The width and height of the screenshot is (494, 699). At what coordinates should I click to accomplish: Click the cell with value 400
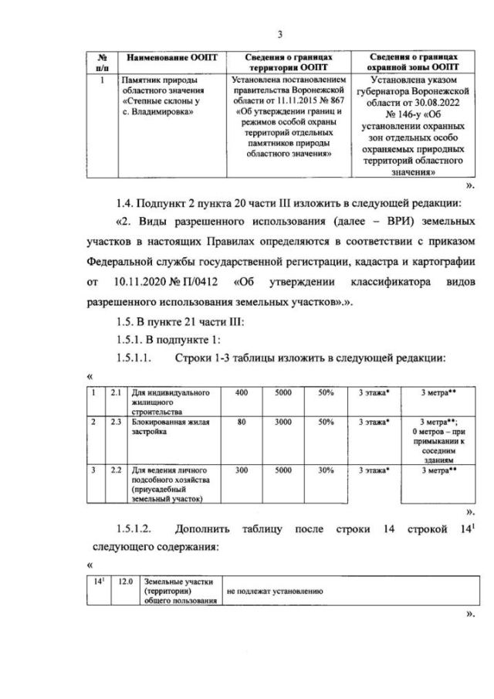(x=241, y=393)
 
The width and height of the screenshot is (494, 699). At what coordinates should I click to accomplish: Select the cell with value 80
(x=241, y=422)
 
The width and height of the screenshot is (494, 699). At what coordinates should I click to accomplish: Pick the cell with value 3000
(x=283, y=422)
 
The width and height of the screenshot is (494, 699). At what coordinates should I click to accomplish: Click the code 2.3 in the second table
(x=117, y=422)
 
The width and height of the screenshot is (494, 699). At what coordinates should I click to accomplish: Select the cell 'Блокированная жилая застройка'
(x=164, y=426)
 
